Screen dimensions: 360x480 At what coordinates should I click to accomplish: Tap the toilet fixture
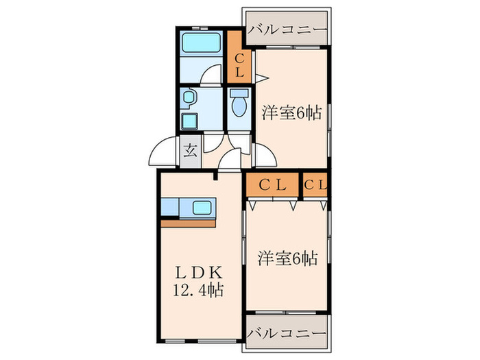[x=239, y=106]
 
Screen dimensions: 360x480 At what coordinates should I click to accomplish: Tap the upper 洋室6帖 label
[x=291, y=112]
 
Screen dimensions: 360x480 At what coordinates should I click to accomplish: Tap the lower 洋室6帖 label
[x=287, y=259]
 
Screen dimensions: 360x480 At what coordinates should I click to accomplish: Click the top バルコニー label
[x=287, y=30]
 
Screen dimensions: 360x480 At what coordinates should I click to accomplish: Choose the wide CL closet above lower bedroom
[x=272, y=184]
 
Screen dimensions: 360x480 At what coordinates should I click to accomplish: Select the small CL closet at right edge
[x=315, y=184]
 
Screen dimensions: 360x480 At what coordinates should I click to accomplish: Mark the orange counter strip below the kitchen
[x=188, y=223]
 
